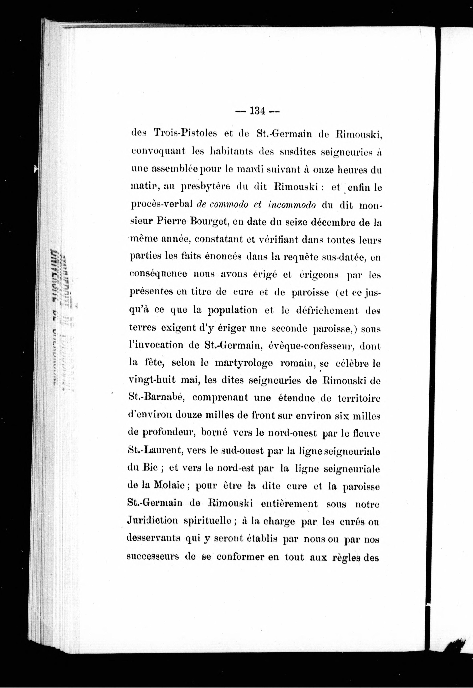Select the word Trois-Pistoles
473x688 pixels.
coord(185,133)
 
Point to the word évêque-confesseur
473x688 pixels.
coord(303,345)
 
